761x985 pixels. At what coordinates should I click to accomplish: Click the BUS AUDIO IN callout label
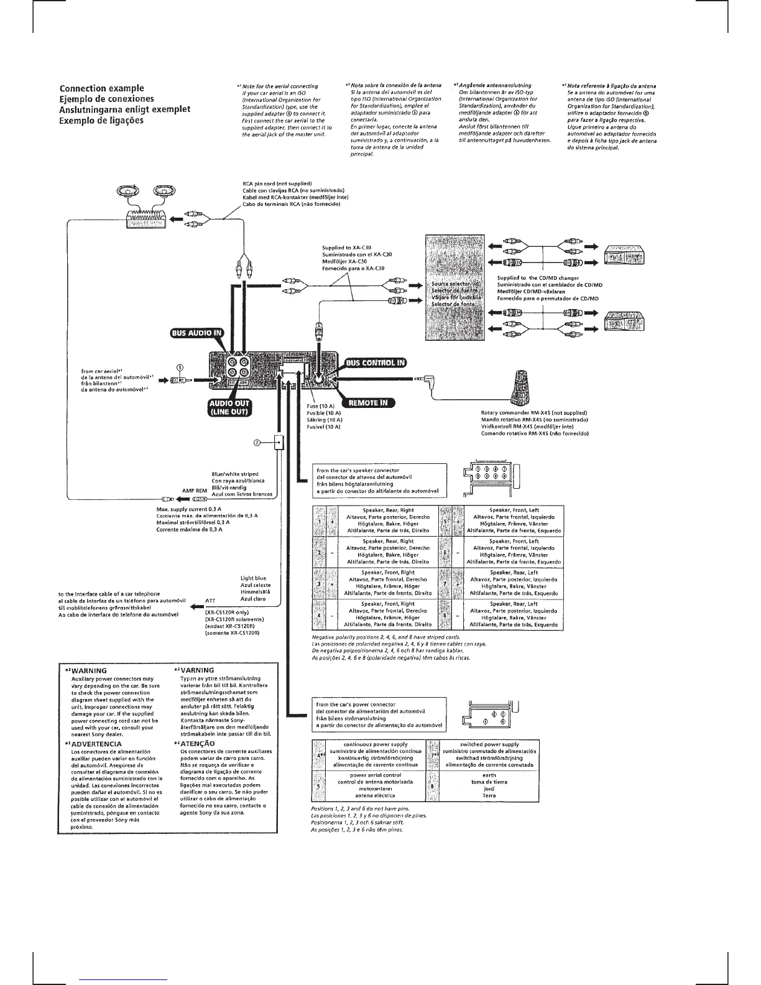pyautogui.click(x=193, y=332)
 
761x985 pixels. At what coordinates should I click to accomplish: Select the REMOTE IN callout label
pyautogui.click(x=367, y=403)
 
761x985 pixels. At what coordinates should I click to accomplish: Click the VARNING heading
pyautogui.click(x=197, y=670)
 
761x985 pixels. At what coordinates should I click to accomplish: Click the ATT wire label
pyautogui.click(x=210, y=601)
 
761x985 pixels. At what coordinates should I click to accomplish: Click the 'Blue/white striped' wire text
pyautogui.click(x=235, y=474)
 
